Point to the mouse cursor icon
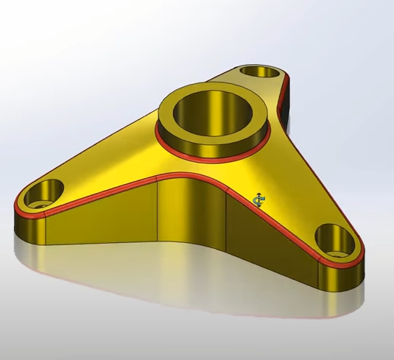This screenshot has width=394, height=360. [x=258, y=201]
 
